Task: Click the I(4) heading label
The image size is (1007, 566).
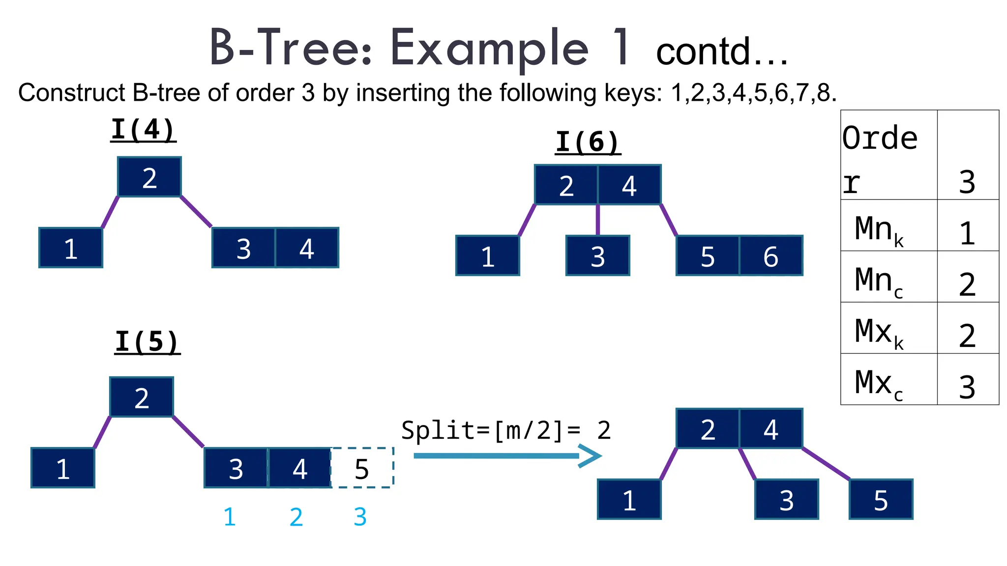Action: [143, 130]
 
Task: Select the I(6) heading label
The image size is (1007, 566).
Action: [588, 142]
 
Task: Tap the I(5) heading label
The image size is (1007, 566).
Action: [147, 342]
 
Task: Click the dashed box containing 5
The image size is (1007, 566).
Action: [362, 468]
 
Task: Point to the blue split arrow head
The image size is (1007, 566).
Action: [590, 456]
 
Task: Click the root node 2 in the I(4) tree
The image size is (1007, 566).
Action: [149, 177]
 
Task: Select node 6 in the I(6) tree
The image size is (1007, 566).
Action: [770, 256]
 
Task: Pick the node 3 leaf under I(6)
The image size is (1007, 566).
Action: [597, 256]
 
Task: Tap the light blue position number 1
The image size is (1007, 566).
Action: [230, 517]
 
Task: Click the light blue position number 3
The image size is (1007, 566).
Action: [360, 517]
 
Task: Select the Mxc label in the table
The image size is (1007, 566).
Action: [879, 384]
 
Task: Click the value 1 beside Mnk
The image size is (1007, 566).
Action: [967, 233]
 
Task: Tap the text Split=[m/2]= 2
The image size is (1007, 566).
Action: [505, 430]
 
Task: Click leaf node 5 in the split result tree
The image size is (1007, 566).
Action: [881, 500]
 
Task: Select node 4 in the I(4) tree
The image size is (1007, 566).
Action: [307, 248]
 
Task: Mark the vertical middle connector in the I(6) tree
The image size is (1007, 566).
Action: [597, 220]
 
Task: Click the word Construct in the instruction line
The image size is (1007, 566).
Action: [72, 92]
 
